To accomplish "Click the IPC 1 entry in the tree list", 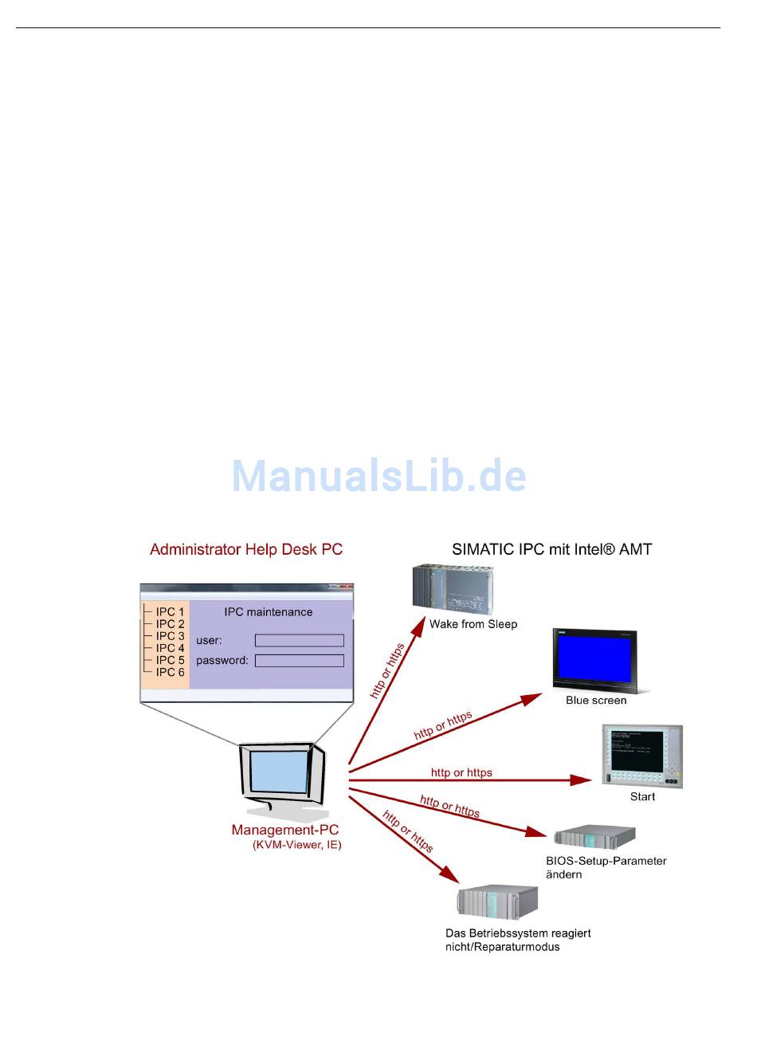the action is [170, 612].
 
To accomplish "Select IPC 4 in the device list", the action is [170, 648].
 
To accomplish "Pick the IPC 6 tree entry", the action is [170, 672].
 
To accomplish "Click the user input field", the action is [299, 640].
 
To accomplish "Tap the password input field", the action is [299, 660].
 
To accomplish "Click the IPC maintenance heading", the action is [269, 612].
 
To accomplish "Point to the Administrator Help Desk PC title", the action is [246, 549].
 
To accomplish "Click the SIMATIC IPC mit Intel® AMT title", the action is [552, 549].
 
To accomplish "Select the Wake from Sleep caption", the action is [473, 624].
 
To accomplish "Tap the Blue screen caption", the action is [596, 701].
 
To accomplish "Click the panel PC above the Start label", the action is [642, 756].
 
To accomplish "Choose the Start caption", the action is [642, 796].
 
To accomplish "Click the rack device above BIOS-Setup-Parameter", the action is [594, 836].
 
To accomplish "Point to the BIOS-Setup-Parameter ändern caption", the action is [606, 867].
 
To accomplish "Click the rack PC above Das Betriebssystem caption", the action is [497, 901].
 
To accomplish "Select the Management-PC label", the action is [285, 830].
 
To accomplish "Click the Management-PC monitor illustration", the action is [283, 777].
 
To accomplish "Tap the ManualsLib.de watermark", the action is [378, 476].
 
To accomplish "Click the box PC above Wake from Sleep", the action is [453, 587].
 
